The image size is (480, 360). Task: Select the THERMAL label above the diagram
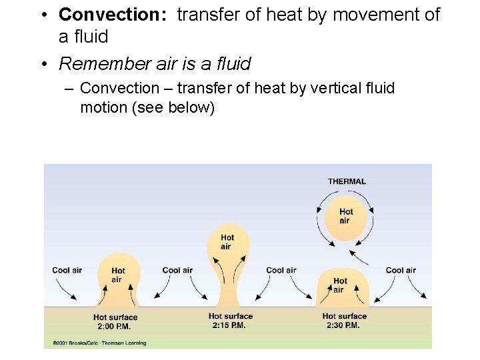(x=347, y=181)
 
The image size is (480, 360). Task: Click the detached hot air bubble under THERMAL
(x=345, y=217)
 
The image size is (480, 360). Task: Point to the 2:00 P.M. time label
(x=115, y=327)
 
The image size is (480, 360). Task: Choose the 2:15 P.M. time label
(x=231, y=325)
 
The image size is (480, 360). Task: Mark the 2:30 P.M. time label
(x=344, y=325)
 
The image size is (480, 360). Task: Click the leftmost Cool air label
(x=67, y=270)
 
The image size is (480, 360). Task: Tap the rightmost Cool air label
(x=401, y=270)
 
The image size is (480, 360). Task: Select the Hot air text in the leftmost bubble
(x=117, y=275)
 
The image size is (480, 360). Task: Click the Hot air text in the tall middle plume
(x=227, y=242)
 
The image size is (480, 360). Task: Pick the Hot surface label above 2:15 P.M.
(x=231, y=317)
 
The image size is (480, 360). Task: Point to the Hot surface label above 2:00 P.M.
(x=115, y=317)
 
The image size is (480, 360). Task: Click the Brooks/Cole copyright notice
(x=99, y=343)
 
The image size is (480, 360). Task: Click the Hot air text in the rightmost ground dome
(x=340, y=285)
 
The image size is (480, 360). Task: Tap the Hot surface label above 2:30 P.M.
(x=345, y=317)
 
